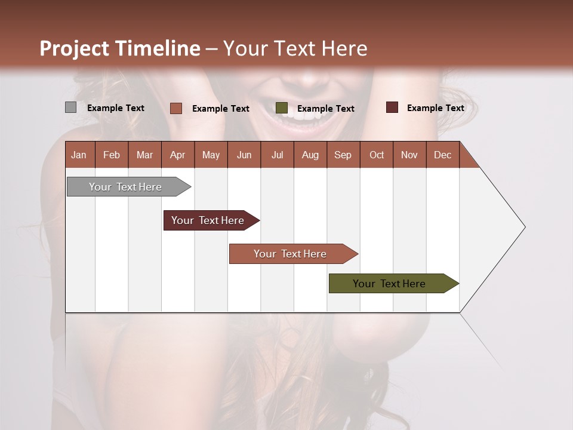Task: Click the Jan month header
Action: [x=79, y=155]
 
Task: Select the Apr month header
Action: [x=178, y=155]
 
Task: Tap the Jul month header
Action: [x=277, y=155]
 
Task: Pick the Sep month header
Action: [x=343, y=155]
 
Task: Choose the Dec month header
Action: [x=442, y=155]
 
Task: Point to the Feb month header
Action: [x=112, y=155]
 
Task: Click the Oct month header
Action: [x=377, y=155]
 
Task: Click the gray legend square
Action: [x=70, y=107]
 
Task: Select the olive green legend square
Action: [x=282, y=108]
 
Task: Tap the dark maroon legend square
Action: [x=392, y=107]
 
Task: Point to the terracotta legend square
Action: [x=176, y=108]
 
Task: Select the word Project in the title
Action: [x=75, y=48]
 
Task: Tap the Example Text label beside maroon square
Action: [x=435, y=108]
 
